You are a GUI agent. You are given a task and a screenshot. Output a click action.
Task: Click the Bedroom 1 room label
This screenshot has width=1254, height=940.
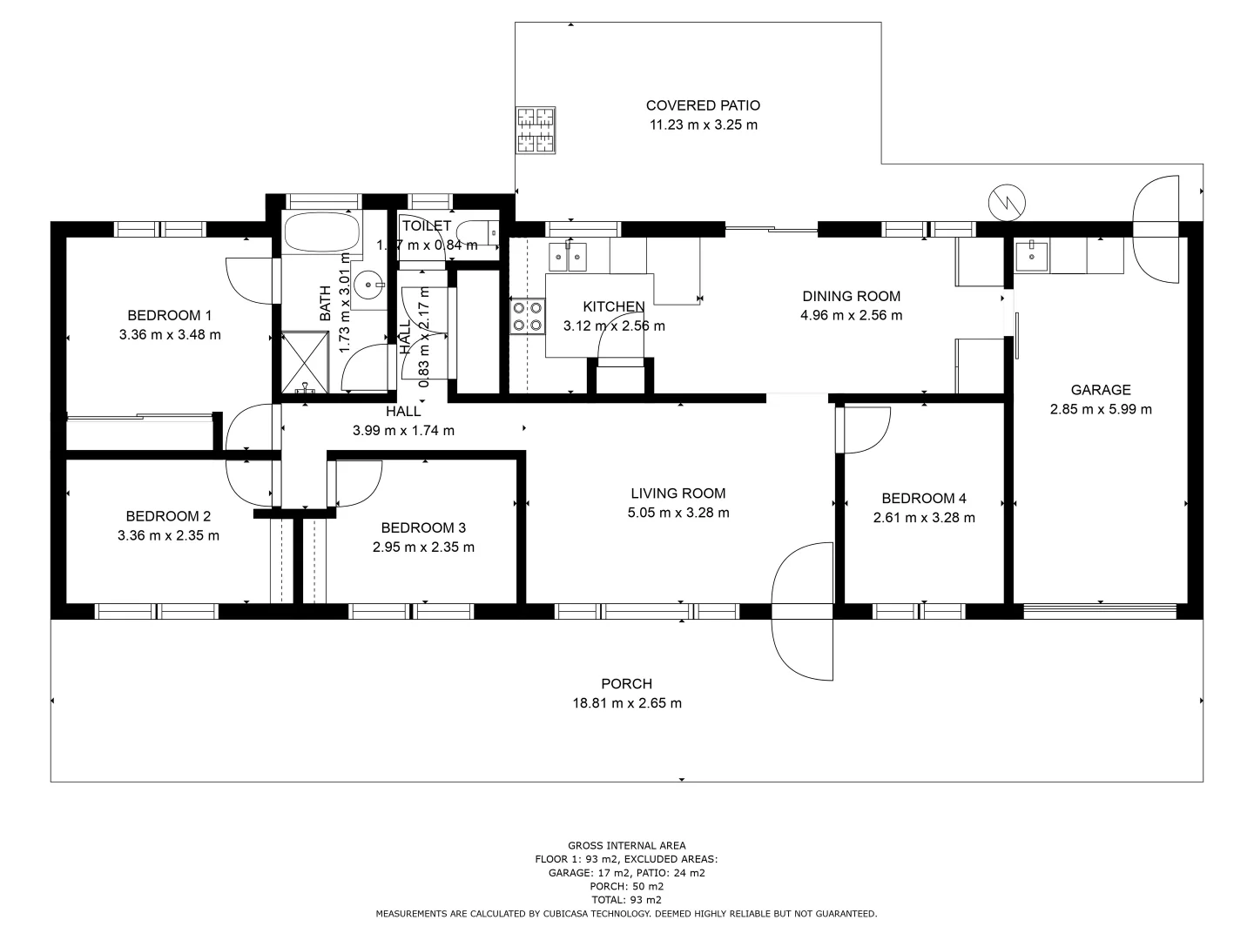(169, 315)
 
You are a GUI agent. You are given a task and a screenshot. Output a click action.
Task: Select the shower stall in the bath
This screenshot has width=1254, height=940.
(305, 362)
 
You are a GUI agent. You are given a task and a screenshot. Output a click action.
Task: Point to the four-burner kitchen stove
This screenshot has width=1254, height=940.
(527, 316)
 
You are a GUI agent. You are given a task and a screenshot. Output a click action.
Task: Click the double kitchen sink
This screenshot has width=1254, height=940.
(568, 257)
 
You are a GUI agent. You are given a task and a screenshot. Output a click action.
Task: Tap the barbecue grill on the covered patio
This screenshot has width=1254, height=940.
(536, 130)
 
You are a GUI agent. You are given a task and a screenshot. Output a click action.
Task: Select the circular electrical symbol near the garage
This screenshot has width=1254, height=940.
(1007, 203)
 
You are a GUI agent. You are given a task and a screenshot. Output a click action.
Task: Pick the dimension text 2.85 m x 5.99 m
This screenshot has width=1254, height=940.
(1101, 409)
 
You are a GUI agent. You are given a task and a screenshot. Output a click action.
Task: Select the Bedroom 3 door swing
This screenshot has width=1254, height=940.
(358, 482)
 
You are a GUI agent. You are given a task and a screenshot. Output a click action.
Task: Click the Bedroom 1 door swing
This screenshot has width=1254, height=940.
(249, 280)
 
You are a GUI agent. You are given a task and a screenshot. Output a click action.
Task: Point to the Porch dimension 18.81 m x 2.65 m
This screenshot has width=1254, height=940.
(626, 703)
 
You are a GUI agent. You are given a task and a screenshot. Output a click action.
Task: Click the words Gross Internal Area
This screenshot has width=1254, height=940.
(626, 845)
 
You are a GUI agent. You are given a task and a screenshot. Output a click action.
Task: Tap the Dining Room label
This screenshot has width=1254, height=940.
(851, 296)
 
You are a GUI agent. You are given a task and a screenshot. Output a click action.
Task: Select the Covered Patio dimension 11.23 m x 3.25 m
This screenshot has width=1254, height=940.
(703, 124)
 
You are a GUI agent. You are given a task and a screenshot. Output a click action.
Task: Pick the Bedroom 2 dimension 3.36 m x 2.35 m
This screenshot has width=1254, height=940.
(168, 536)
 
